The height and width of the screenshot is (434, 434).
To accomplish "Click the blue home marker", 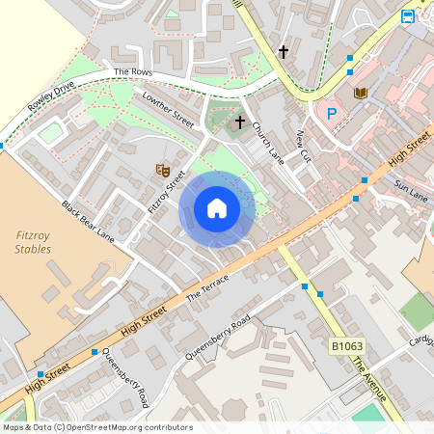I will point(217,207).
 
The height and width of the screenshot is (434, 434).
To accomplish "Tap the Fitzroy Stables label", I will point(34,241).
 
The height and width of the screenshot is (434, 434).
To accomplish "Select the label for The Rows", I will point(133,72).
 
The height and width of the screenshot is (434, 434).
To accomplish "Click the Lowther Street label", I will point(168,110).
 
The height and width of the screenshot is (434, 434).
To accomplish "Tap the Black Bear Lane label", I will point(88,222).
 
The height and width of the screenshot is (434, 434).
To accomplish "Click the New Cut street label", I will point(305,145).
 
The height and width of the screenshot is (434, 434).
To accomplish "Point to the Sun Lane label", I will point(411,189).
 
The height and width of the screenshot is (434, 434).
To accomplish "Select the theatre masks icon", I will point(162,170).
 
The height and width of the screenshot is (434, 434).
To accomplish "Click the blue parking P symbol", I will point(333,113).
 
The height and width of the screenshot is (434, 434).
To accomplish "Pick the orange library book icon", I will point(362,93).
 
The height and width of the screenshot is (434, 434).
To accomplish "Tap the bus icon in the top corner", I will point(408,16).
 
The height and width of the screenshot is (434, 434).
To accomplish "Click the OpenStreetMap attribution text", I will point(96,427).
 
